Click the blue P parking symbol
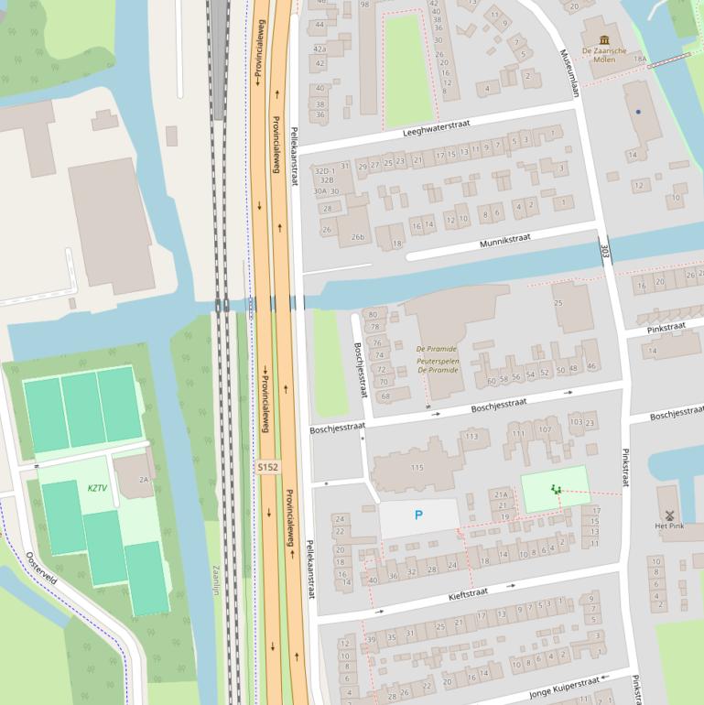[418, 515]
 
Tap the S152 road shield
[267, 467]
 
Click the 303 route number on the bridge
[604, 249]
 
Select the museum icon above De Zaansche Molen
[604, 39]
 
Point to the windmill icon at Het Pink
[669, 515]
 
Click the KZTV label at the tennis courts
[97, 488]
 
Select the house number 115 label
[417, 468]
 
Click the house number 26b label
[357, 237]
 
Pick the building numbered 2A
[144, 479]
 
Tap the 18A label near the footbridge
[640, 59]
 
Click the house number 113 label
[471, 436]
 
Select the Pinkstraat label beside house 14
[666, 326]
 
